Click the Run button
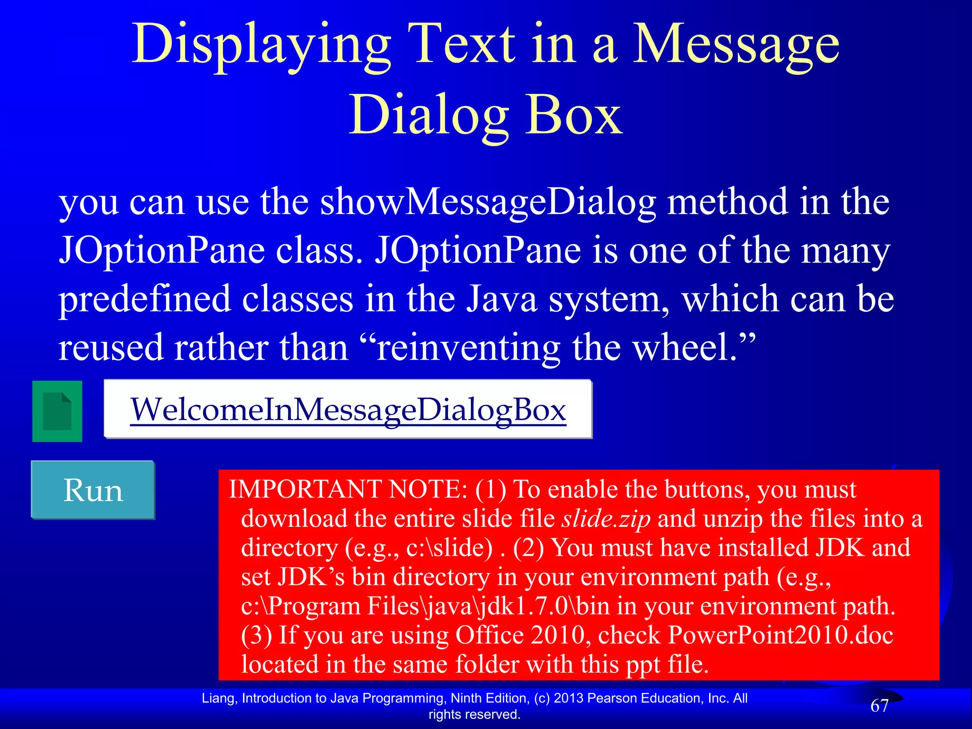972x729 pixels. click(x=93, y=490)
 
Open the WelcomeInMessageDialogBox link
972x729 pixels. click(x=348, y=410)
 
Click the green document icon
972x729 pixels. click(x=57, y=411)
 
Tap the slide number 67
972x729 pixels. click(x=879, y=706)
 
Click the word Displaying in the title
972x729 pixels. click(x=261, y=45)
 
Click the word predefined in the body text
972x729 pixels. click(x=144, y=299)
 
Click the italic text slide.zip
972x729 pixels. click(x=606, y=519)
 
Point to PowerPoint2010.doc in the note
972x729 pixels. click(x=780, y=635)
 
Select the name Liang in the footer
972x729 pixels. click(x=217, y=698)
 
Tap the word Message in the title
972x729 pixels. click(x=736, y=45)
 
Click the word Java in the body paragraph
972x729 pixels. click(x=502, y=299)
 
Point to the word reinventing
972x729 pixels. click(x=467, y=348)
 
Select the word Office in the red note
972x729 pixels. click(x=490, y=635)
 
